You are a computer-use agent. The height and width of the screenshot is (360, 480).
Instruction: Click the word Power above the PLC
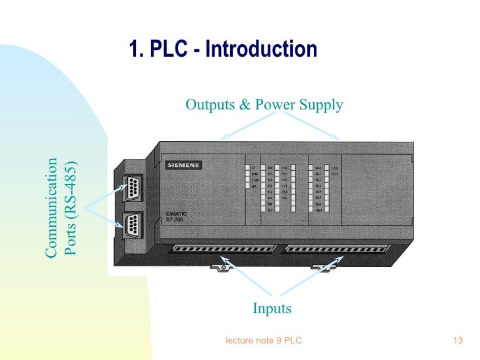[x=276, y=104]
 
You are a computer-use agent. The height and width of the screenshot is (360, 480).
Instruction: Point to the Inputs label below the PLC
[x=272, y=309]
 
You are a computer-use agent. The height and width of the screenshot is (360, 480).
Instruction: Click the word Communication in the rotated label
[x=52, y=207]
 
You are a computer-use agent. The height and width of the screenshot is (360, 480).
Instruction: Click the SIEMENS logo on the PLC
[x=182, y=165]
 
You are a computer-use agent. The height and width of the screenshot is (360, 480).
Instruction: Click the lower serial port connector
[x=131, y=222]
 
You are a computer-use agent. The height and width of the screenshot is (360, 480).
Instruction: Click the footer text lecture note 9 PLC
[x=264, y=341]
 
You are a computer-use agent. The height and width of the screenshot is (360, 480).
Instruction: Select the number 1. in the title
[x=135, y=49]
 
